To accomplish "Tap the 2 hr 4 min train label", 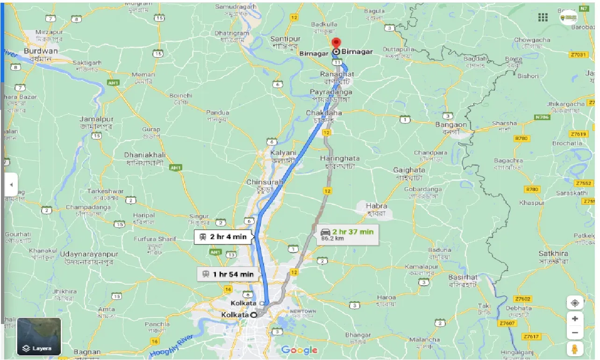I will tap(223, 237).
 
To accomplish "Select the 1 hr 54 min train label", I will tap(228, 274).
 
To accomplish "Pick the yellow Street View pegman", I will tap(574, 348).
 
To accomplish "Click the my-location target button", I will tap(574, 302).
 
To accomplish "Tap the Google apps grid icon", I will tap(543, 17).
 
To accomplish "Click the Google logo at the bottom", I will tap(300, 350).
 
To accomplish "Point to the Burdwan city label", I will tap(41, 51).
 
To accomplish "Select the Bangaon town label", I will tap(451, 125).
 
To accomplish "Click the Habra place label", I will tap(376, 206).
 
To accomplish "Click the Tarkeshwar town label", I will tap(105, 191).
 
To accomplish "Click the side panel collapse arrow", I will tap(11, 185).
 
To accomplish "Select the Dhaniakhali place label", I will tap(144, 155).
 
